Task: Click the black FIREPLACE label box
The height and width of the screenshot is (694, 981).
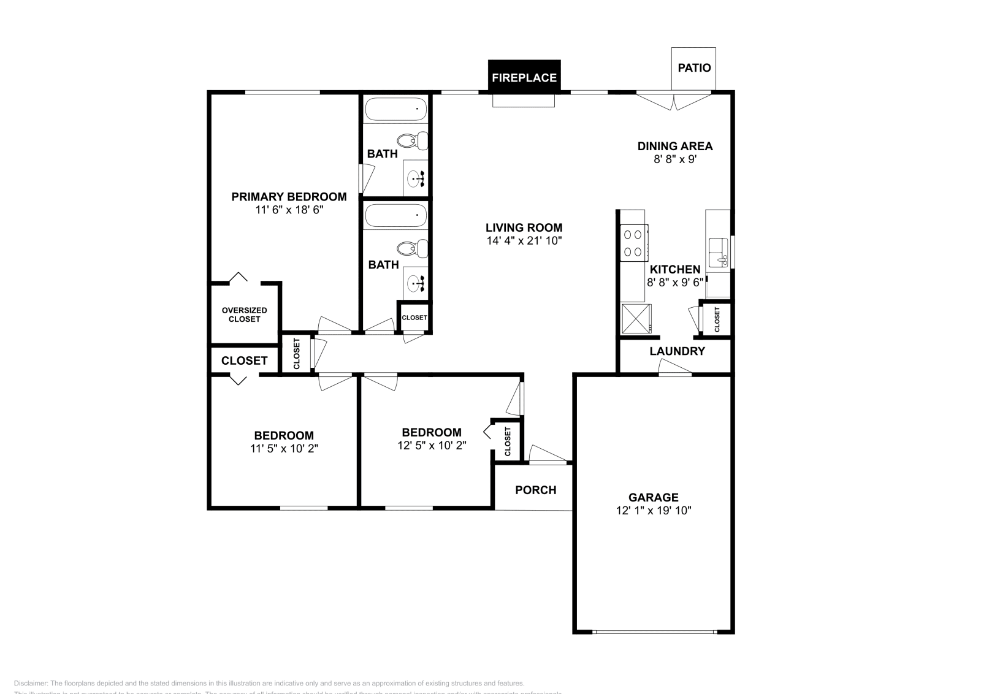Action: coord(524,77)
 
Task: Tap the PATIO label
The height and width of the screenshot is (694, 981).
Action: coord(694,67)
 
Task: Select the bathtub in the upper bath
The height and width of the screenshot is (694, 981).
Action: coord(396,110)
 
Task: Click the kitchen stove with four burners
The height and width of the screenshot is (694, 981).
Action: coord(633,243)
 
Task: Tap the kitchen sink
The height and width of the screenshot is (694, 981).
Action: coord(718,253)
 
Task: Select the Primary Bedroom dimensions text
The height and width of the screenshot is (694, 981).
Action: coord(289,210)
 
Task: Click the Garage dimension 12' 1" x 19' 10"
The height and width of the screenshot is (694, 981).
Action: coord(654,510)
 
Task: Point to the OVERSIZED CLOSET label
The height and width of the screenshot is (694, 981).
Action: coord(244,315)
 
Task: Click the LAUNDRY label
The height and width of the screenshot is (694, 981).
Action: coord(677,351)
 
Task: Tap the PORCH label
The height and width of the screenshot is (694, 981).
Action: coord(535,490)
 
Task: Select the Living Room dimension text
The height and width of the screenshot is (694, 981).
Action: coord(524,241)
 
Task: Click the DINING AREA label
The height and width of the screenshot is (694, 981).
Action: coord(674,146)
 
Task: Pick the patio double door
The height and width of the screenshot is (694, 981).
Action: coord(674,101)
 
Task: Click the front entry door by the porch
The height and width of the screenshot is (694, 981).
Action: coord(547,455)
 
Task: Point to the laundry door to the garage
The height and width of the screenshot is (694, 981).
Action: coord(674,367)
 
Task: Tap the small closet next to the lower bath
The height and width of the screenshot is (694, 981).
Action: coord(414,318)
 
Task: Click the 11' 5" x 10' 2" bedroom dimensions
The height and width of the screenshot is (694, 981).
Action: coord(284,448)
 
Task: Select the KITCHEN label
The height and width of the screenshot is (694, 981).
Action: coord(674,269)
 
